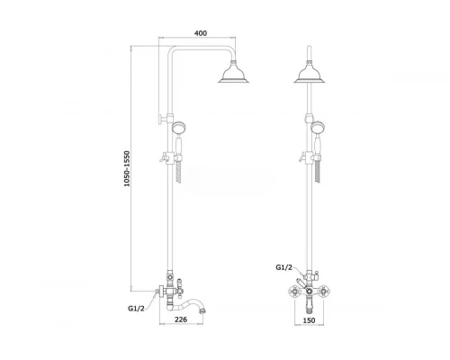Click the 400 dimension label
click(201, 32)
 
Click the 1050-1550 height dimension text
click(128, 168)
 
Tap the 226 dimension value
click(181, 319)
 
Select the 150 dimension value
click(309, 320)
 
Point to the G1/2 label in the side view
click(136, 308)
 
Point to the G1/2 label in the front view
click(283, 267)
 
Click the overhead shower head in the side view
click(234, 72)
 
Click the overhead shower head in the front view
click(310, 72)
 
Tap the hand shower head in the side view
click(178, 127)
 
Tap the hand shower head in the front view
click(318, 127)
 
